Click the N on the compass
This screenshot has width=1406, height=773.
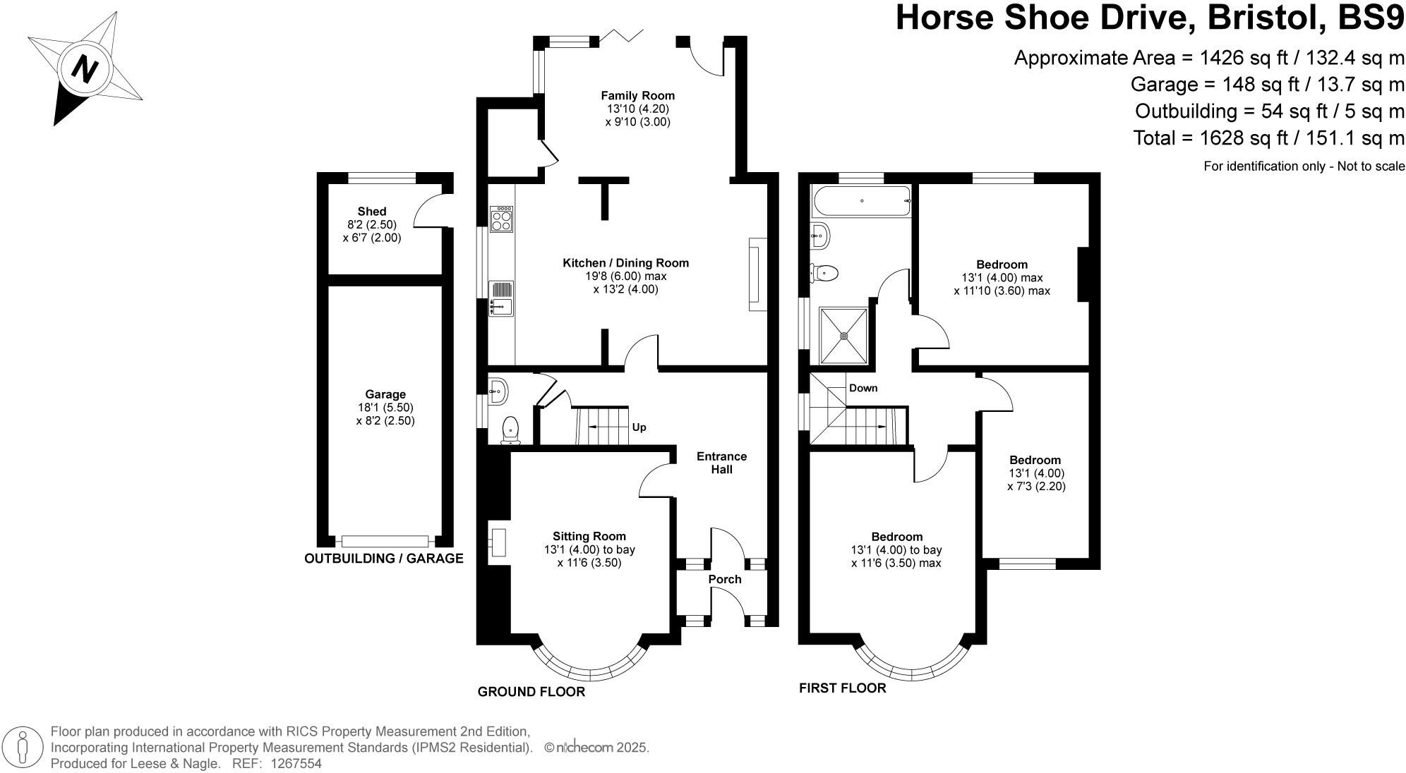pyautogui.click(x=85, y=70)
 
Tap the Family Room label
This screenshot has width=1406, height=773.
pyautogui.click(x=637, y=95)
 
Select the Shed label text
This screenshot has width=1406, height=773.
pyautogui.click(x=372, y=211)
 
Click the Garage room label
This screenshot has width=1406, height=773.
pyautogui.click(x=385, y=394)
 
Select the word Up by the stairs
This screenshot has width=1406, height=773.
pyautogui.click(x=639, y=427)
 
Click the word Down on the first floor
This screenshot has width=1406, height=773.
pyautogui.click(x=863, y=388)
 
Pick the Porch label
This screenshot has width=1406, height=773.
pyautogui.click(x=725, y=579)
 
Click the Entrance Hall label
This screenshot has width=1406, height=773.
pyautogui.click(x=721, y=463)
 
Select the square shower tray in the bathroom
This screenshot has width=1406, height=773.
pyautogui.click(x=843, y=336)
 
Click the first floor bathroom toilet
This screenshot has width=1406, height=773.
pyautogui.click(x=824, y=272)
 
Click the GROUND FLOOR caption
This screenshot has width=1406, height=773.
pyautogui.click(x=531, y=692)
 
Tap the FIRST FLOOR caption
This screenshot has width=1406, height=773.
pyautogui.click(x=842, y=688)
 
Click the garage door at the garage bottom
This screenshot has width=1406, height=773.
pyautogui.click(x=385, y=541)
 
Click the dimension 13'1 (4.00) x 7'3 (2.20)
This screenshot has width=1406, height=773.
pyautogui.click(x=1036, y=480)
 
